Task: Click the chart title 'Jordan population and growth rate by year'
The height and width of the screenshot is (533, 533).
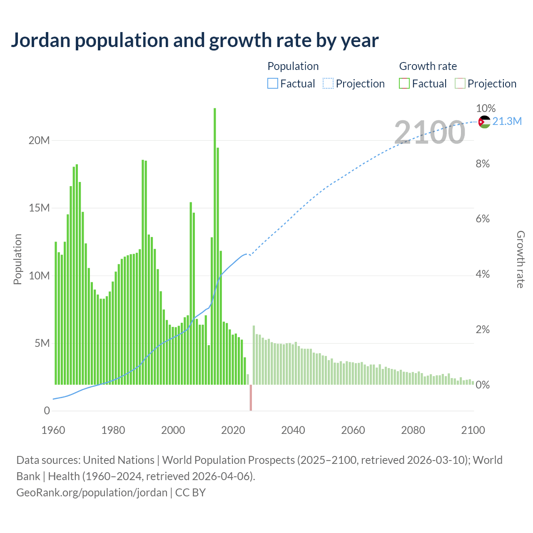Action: tap(194, 40)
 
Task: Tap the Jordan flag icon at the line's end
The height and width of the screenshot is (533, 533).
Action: tap(484, 122)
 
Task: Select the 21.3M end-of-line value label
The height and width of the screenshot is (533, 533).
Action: tap(507, 121)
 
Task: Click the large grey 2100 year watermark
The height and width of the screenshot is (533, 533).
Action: tap(429, 132)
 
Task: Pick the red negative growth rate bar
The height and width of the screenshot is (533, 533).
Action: tap(251, 397)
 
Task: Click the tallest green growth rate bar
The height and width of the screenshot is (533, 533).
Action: tap(215, 246)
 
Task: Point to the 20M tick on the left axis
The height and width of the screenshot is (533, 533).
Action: tap(39, 140)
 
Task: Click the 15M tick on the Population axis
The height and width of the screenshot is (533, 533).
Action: tap(39, 208)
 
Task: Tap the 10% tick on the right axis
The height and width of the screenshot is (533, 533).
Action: tap(486, 108)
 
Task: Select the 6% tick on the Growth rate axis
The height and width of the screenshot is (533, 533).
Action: tap(483, 219)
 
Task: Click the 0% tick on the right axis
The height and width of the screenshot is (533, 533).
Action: tap(483, 385)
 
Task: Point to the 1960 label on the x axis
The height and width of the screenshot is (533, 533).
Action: tap(53, 430)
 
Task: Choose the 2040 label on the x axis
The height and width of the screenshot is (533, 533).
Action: tap(293, 430)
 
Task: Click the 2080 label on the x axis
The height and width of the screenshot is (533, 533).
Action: tap(413, 430)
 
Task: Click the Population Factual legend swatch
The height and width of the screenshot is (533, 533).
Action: tap(272, 84)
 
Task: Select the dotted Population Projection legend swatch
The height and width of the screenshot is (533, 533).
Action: tap(328, 84)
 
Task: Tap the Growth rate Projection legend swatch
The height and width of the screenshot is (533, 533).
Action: tap(460, 84)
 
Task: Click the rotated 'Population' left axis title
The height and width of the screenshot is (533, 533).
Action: tap(17, 259)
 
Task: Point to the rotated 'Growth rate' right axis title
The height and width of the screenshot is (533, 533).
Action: tap(521, 259)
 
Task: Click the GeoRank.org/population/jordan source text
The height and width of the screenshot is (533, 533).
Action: tap(92, 493)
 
